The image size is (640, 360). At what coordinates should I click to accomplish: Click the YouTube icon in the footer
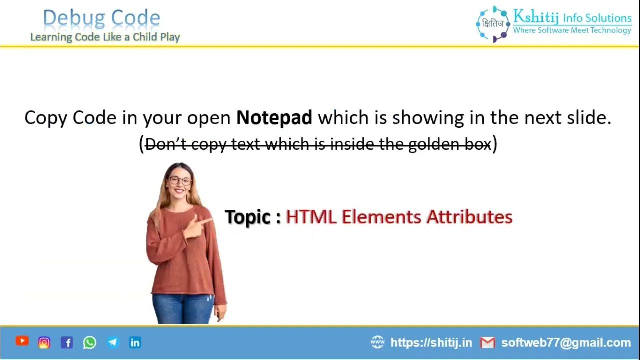point(22,341)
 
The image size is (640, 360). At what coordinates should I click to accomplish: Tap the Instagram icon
point(44,342)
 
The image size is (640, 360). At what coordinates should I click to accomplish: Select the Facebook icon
point(67,342)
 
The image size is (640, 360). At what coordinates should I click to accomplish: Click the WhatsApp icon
point(90,342)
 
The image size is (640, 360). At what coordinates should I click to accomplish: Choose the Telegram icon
point(113,342)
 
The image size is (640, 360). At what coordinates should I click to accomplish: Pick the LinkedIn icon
point(135,342)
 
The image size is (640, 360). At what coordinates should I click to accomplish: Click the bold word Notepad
point(274,118)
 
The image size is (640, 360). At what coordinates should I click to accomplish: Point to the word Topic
point(248,217)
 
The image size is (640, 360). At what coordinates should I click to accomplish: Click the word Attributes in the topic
point(469,217)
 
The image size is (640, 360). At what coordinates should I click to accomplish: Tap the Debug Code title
point(102,19)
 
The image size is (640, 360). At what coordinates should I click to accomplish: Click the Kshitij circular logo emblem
point(492,24)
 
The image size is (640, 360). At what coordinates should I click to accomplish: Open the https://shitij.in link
point(431,342)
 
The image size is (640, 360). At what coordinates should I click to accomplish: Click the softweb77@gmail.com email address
point(566,342)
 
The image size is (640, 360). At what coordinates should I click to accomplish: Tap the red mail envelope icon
point(487,342)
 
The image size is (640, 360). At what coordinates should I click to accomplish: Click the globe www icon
point(378,342)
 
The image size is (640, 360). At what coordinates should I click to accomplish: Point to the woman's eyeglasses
point(180,181)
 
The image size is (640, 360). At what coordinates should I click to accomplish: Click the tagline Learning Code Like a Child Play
point(105,37)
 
